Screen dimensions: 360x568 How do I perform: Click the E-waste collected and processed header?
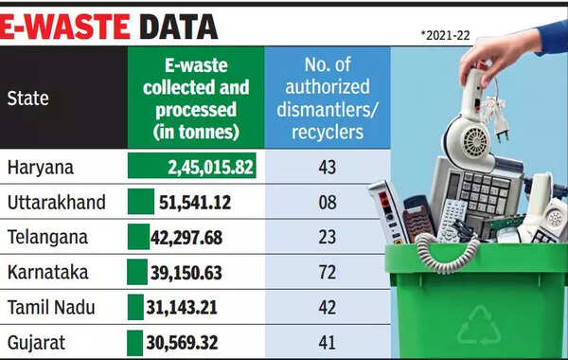click(195, 98)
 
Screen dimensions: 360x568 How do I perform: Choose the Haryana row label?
click(42, 169)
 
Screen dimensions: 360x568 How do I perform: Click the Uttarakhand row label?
click(58, 203)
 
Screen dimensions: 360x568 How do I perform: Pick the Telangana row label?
click(49, 238)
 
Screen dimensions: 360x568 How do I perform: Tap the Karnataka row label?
click(49, 273)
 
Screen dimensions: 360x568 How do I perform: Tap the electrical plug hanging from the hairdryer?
click(500, 128)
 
